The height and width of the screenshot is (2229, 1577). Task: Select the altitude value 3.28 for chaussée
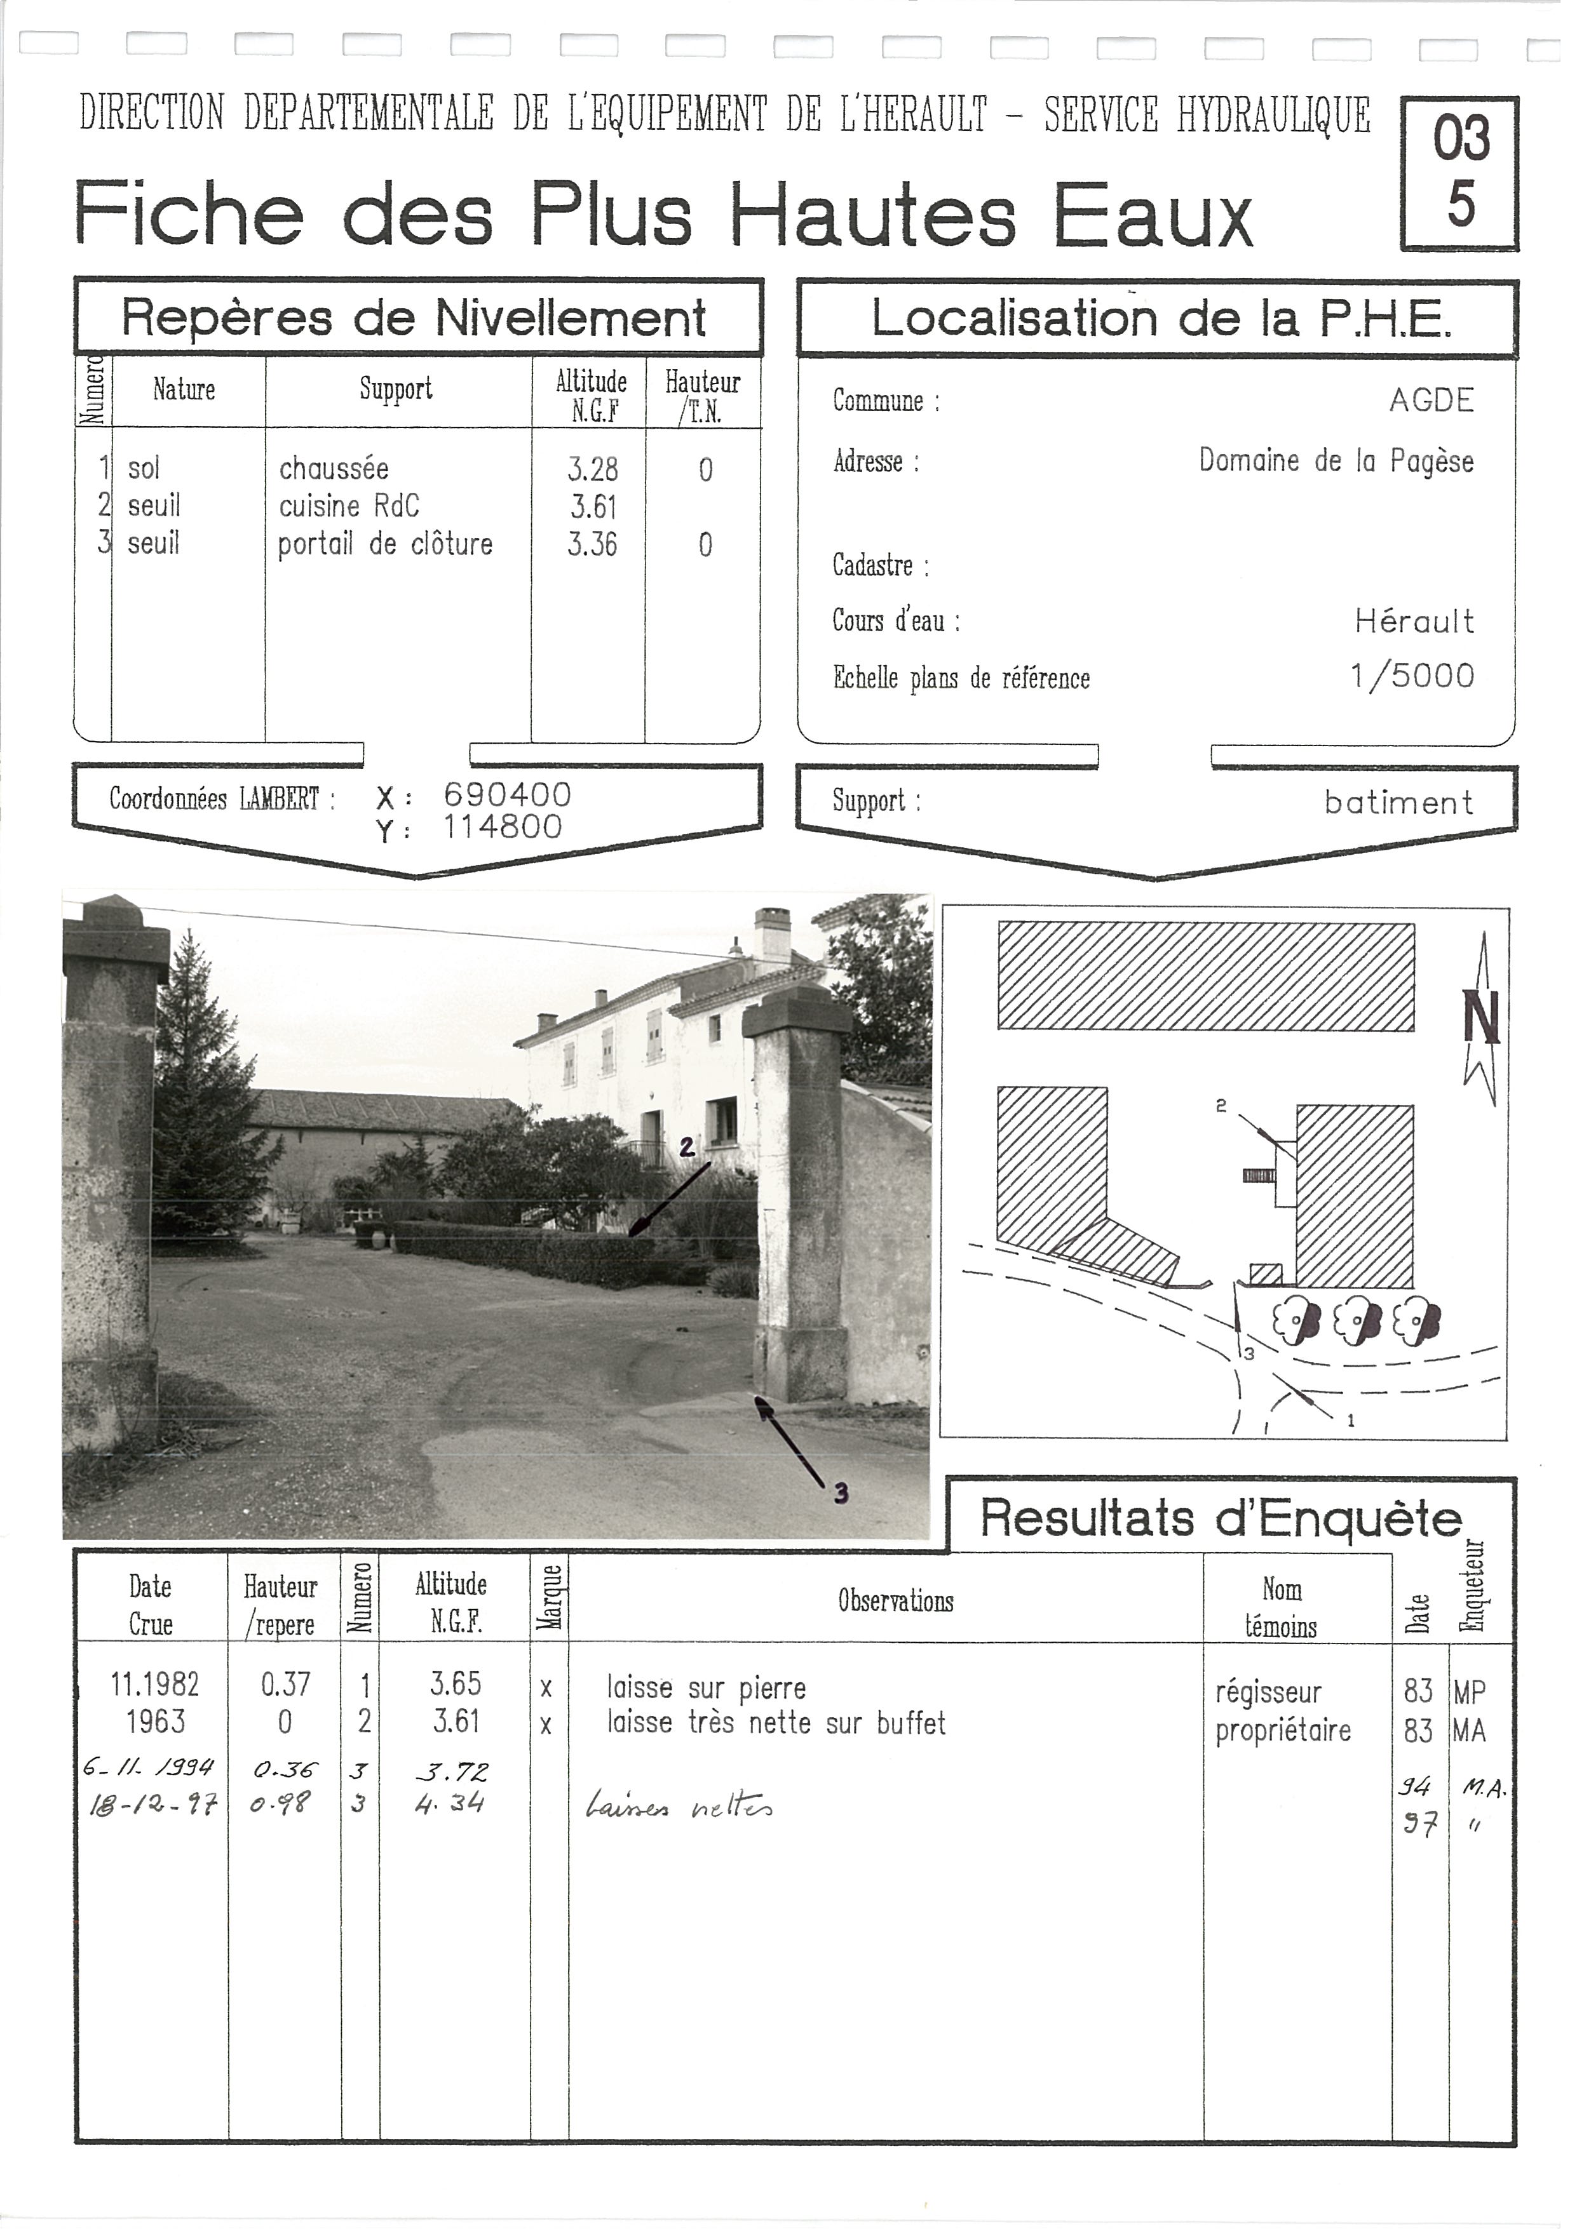click(x=592, y=470)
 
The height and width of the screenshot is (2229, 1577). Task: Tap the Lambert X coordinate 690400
click(x=507, y=795)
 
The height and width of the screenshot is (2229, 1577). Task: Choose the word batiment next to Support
click(x=1398, y=803)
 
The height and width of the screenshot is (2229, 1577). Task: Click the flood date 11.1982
click(x=154, y=1684)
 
